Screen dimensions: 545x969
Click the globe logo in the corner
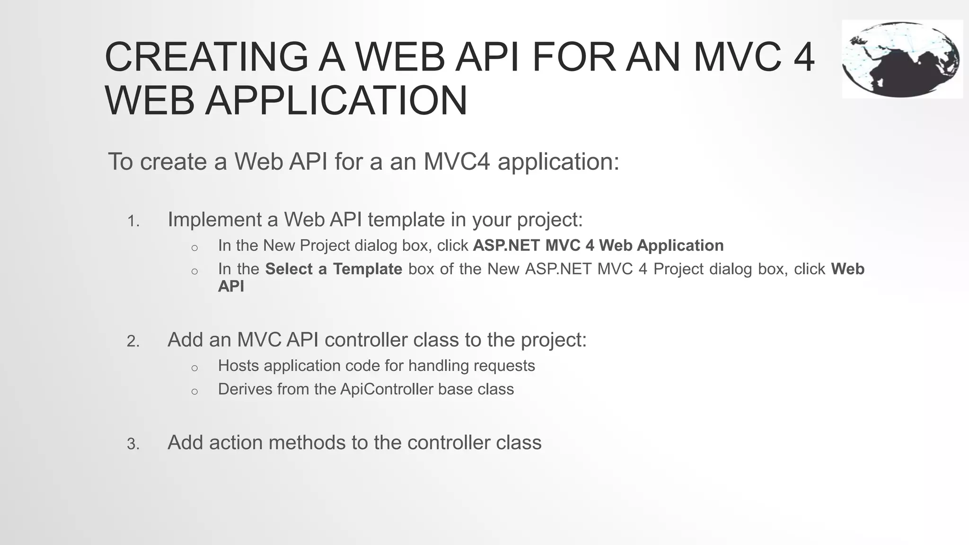pos(902,59)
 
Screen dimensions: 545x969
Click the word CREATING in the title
pos(206,57)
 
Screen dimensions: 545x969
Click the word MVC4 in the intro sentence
pos(457,161)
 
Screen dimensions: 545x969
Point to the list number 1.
pos(133,221)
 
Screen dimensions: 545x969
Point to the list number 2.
pos(133,342)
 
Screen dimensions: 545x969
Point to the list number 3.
pos(133,444)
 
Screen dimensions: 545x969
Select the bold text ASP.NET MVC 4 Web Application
pos(598,246)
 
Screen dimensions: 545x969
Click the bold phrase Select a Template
pos(334,269)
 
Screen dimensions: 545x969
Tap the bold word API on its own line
pos(231,286)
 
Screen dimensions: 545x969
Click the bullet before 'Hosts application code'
pos(194,368)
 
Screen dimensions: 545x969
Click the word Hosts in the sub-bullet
pos(238,366)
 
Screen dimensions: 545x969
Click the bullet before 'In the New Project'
pos(194,247)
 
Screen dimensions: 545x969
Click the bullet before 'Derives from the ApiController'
pos(194,391)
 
